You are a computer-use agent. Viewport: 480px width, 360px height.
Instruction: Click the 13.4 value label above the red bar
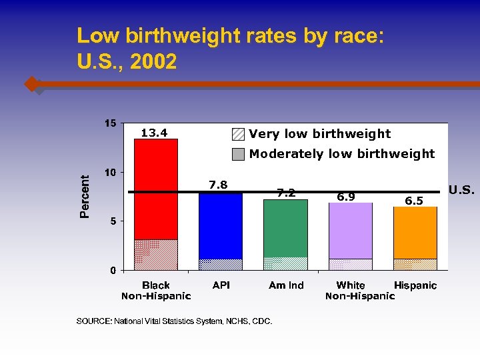pyautogui.click(x=153, y=133)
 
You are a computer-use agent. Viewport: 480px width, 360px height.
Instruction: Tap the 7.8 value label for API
pyautogui.click(x=219, y=185)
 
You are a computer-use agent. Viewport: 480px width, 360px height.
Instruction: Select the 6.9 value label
pyautogui.click(x=345, y=197)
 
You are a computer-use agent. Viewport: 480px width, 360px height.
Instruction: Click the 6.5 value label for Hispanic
pyautogui.click(x=415, y=201)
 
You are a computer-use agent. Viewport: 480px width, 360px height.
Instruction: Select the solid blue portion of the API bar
pyautogui.click(x=221, y=227)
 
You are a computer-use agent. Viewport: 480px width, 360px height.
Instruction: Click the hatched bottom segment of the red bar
pyautogui.click(x=156, y=255)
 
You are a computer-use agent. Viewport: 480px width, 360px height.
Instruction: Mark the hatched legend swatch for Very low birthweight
pyautogui.click(x=239, y=134)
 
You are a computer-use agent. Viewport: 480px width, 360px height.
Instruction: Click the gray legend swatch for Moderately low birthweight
pyautogui.click(x=239, y=154)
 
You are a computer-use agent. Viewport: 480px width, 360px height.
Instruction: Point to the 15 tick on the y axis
pyautogui.click(x=109, y=123)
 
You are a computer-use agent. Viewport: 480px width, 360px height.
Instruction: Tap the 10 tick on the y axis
pyautogui.click(x=109, y=172)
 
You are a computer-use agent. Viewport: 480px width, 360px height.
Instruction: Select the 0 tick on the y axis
pyautogui.click(x=113, y=270)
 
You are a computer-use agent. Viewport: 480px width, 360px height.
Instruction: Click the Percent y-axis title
pyautogui.click(x=85, y=197)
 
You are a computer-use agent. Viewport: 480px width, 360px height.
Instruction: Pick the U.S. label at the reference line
pyautogui.click(x=461, y=191)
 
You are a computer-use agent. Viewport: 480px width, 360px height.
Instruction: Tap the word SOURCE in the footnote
pyautogui.click(x=94, y=321)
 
